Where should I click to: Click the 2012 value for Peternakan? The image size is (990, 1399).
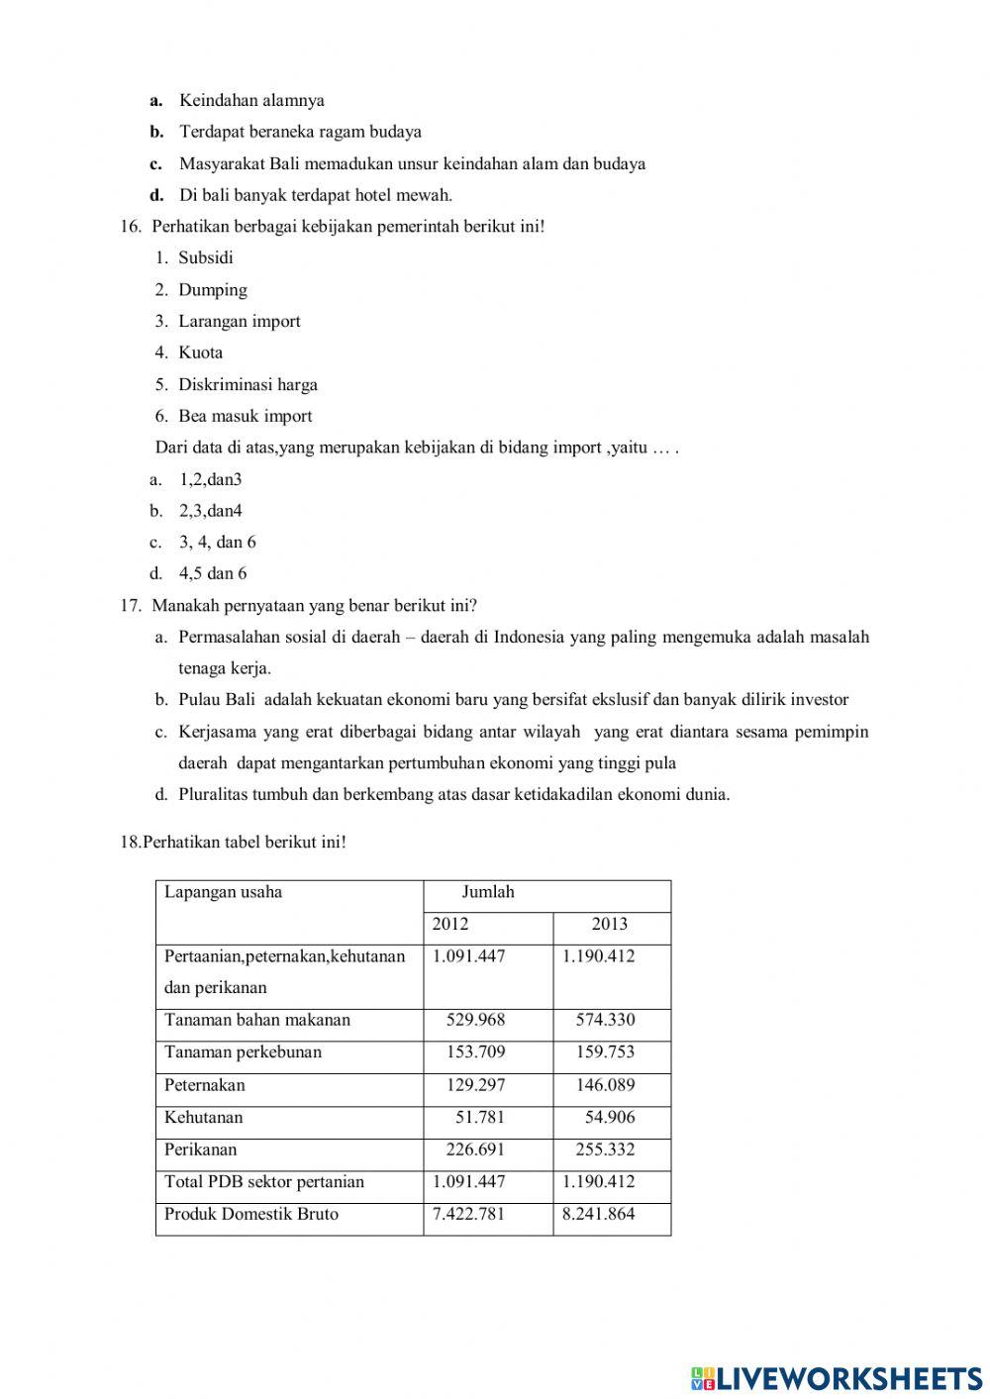475,1085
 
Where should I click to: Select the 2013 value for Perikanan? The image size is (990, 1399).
605,1150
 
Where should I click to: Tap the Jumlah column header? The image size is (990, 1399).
488,892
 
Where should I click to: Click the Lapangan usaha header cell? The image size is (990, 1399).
224,892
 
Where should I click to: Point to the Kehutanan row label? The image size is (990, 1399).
203,1118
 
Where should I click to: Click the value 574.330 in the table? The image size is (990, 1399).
605,1020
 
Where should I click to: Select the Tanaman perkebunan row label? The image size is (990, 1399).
243,1052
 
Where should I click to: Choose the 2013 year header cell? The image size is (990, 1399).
610,925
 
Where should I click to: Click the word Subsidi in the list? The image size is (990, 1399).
206,258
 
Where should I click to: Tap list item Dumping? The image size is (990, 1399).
213,290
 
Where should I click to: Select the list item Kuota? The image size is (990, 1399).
201,352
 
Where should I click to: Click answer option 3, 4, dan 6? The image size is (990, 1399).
217,543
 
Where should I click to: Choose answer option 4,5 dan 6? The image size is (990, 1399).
213,574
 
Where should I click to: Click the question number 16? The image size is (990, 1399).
131,227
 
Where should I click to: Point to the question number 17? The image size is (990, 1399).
131,606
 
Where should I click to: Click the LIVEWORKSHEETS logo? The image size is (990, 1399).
837,1377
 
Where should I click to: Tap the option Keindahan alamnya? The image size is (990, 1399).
251,101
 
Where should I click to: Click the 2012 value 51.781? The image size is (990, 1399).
479,1118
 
